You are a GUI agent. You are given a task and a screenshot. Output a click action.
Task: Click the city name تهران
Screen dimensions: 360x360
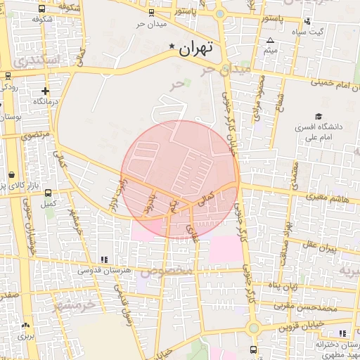tap(195, 49)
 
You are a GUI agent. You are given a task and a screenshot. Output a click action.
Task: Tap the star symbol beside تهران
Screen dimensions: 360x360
tap(172, 46)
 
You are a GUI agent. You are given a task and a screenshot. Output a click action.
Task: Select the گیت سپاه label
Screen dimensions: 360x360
tap(328, 32)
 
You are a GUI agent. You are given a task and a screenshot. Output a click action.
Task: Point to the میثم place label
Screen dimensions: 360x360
tap(271, 51)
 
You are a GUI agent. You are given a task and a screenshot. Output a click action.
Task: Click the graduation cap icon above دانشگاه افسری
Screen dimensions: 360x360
tap(319, 117)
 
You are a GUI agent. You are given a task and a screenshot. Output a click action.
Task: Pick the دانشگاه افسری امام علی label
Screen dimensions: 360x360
tap(320, 134)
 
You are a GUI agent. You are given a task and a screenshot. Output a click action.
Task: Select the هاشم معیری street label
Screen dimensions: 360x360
tap(324, 200)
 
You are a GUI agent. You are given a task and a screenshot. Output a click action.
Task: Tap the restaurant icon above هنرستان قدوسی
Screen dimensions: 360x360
tap(104, 259)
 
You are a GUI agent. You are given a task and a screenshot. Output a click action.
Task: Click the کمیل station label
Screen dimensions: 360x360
tap(49, 204)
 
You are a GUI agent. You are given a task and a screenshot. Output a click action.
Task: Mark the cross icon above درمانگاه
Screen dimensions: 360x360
tap(45, 91)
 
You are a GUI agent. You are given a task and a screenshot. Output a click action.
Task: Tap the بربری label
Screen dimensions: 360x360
tap(26, 336)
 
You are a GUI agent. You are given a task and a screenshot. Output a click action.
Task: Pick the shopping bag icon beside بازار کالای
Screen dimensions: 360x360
tap(11, 175)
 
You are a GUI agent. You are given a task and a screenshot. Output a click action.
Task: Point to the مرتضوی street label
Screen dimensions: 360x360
tap(35, 134)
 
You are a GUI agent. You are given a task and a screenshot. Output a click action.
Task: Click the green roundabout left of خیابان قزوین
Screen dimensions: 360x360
tap(253, 327)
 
